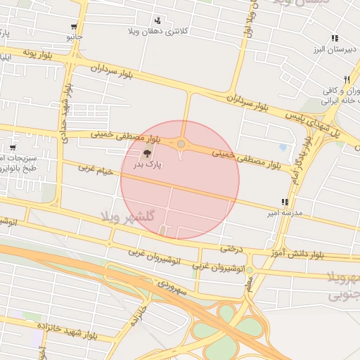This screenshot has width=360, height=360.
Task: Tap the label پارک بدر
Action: [x=148, y=165]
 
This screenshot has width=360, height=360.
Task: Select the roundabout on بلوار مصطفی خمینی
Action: [x=181, y=144]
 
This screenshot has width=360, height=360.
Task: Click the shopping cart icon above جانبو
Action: [x=75, y=27]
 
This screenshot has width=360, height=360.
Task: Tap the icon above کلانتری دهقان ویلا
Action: [x=157, y=20]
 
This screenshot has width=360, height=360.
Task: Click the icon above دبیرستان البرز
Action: [x=335, y=38]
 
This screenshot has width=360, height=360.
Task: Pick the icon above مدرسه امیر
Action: [x=284, y=201]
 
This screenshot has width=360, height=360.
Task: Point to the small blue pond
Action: [x=283, y=148]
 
